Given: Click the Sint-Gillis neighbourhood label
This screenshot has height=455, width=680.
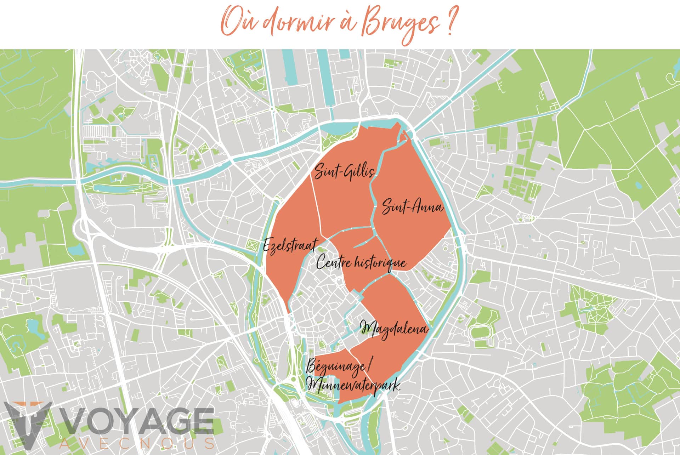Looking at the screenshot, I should point(344,172).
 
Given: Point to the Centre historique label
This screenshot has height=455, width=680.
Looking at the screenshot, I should point(361,263).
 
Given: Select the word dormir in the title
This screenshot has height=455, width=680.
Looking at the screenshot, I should point(297,23).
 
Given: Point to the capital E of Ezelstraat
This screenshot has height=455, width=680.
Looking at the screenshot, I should point(268,245).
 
